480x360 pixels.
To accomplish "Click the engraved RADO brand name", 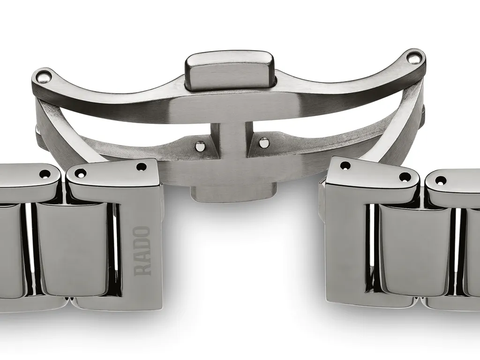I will (142, 250).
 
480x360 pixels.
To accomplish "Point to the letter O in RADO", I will (142, 232).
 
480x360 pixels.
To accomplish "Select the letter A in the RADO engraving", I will (142, 257).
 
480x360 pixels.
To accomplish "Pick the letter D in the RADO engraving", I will (142, 244).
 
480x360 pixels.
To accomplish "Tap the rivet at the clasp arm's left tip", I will (44, 75).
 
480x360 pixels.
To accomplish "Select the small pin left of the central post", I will (200, 147).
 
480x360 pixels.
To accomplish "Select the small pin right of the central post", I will (264, 142).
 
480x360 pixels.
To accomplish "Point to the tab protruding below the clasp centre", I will (233, 193).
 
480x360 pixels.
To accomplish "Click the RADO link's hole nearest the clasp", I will (142, 166).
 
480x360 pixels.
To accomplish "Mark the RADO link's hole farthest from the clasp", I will (80, 172).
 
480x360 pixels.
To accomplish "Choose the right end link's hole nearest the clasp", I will (345, 165).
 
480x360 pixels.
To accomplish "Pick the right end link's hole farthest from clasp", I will (405, 177).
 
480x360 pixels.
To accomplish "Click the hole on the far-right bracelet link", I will (441, 180).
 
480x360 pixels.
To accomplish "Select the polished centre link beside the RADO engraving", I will (72, 248).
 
